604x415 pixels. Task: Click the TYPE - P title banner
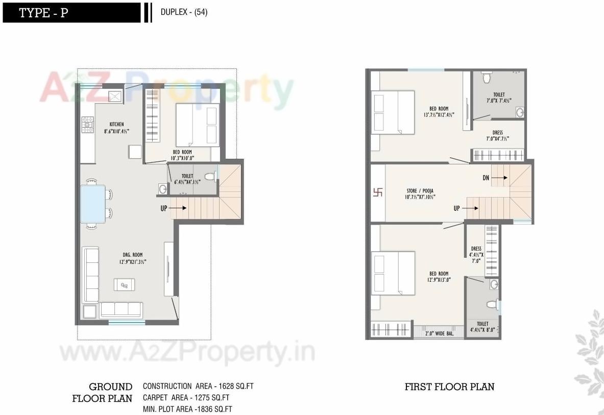click(x=71, y=13)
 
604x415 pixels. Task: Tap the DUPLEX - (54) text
click(x=184, y=13)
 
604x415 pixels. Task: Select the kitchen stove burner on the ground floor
click(x=88, y=125)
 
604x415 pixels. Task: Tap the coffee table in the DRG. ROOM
click(x=125, y=284)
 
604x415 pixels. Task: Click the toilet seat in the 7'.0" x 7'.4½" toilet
click(x=487, y=77)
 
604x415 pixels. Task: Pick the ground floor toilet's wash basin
click(x=162, y=189)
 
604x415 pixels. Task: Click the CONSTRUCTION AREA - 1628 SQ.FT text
click(x=198, y=386)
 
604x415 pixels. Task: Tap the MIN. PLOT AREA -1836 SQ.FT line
click(x=187, y=409)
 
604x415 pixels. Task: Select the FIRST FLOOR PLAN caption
click(x=449, y=387)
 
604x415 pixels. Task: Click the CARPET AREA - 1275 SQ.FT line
click(x=186, y=398)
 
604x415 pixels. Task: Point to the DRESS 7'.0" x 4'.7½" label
click(x=497, y=136)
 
